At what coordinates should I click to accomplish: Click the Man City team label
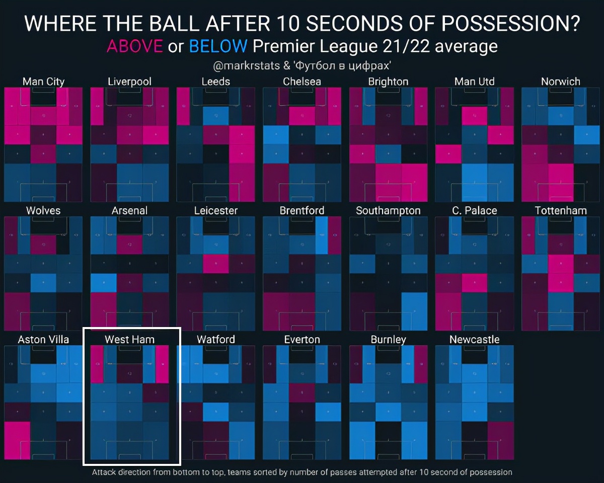43,82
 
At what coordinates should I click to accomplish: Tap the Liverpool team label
129,82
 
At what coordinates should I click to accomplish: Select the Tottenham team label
561,210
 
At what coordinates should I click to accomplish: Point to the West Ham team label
129,339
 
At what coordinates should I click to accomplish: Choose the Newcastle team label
474,339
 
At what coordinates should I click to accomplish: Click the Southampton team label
388,210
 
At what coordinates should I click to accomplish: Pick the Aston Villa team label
43,339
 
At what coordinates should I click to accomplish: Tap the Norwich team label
561,82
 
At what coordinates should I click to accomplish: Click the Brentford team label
302,210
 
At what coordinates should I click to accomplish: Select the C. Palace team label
474,210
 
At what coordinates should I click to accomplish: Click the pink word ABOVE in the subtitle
134,46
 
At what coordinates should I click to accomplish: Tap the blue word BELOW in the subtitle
218,46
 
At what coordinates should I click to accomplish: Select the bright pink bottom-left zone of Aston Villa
17,440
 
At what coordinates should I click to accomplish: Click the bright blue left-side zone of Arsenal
104,283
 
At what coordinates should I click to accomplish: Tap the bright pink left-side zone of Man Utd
448,154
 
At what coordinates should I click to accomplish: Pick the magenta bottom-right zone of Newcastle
500,440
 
